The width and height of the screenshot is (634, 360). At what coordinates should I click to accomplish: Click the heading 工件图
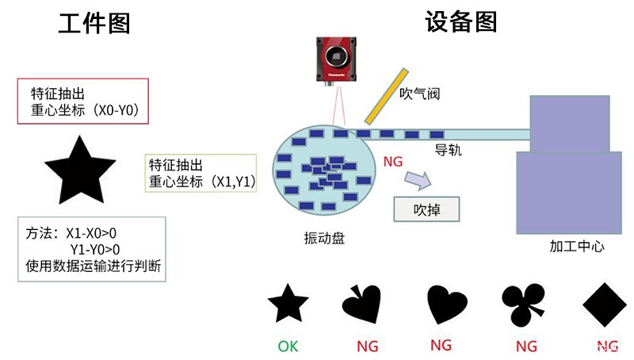(x=94, y=24)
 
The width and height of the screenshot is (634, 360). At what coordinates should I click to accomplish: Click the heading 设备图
(x=460, y=21)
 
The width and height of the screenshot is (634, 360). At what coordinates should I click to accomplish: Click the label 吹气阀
(x=419, y=94)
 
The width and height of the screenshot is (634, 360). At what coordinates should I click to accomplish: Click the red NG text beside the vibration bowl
(x=392, y=162)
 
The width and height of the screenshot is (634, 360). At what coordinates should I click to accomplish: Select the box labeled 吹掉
(x=426, y=210)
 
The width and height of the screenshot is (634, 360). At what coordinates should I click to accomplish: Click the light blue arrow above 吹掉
(x=417, y=181)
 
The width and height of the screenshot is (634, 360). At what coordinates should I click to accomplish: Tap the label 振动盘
(x=324, y=238)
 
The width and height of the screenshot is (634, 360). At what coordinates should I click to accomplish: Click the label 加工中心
(x=577, y=246)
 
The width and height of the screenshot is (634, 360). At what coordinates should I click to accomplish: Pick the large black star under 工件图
(x=76, y=170)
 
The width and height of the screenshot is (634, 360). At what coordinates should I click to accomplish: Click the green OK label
(x=288, y=347)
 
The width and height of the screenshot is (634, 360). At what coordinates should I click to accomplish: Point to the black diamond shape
(x=605, y=304)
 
